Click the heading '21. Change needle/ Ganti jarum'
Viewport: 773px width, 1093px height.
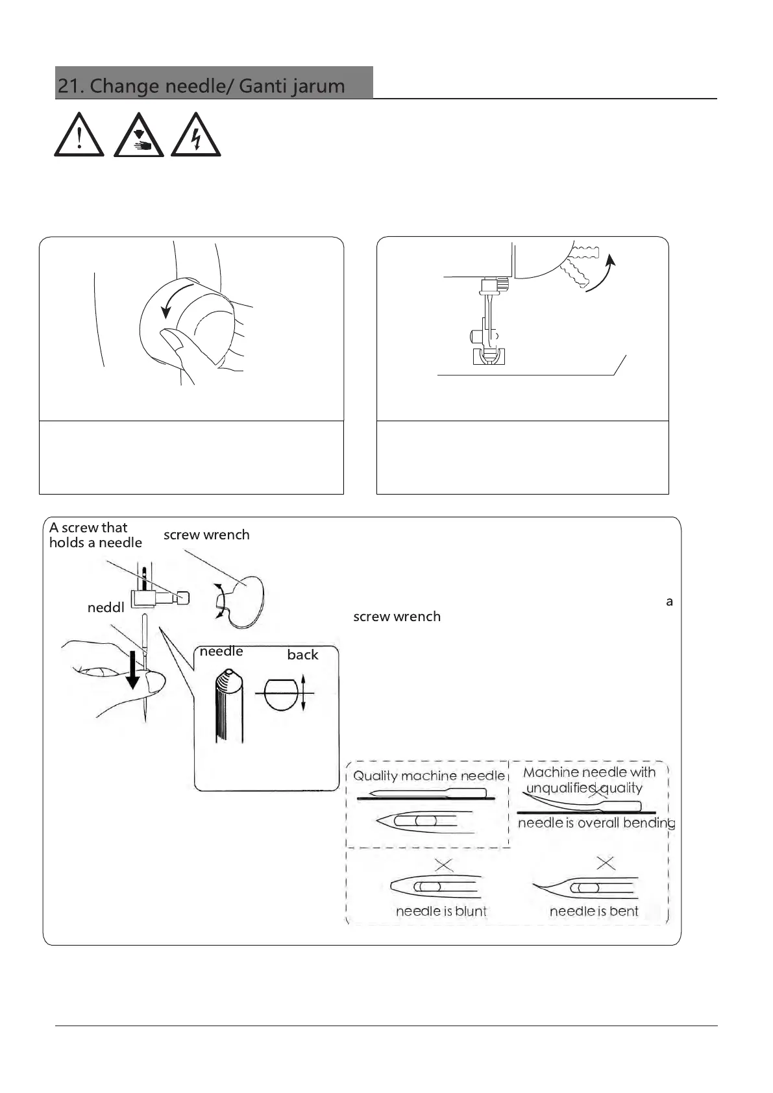pyautogui.click(x=201, y=86)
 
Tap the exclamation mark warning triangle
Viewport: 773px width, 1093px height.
pyautogui.click(x=79, y=136)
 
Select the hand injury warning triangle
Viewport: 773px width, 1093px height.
pyautogui.click(x=138, y=136)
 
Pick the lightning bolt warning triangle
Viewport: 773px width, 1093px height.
pyautogui.click(x=195, y=136)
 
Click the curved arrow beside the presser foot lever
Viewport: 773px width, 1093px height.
pyautogui.click(x=600, y=275)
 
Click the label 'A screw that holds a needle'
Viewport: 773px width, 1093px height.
pyautogui.click(x=95, y=535)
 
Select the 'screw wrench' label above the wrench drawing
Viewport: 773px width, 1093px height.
pyautogui.click(x=206, y=535)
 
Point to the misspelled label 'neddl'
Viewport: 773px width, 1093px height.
pyautogui.click(x=106, y=608)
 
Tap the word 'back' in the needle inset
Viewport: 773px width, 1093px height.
pyautogui.click(x=302, y=655)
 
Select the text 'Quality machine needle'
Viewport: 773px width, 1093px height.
pyautogui.click(x=428, y=776)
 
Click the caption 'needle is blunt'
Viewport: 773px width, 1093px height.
pyautogui.click(x=441, y=911)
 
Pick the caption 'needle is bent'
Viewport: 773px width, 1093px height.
pyautogui.click(x=594, y=911)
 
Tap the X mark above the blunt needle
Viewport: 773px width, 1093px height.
pyautogui.click(x=444, y=865)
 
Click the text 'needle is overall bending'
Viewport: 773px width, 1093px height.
pyautogui.click(x=596, y=823)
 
